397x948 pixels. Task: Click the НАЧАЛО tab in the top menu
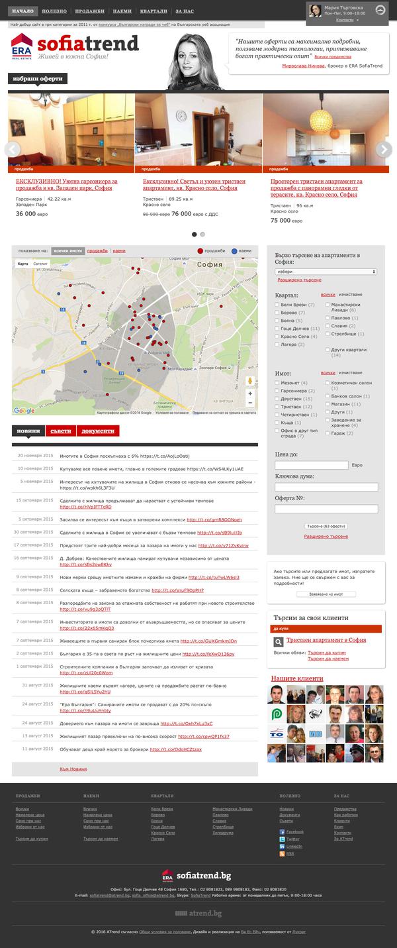click(22, 12)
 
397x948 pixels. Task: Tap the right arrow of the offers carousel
click(384, 148)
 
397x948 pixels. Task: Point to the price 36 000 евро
click(30, 214)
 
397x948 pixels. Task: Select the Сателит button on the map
click(40, 264)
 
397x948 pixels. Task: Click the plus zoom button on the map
click(250, 393)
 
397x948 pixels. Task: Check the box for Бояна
click(277, 321)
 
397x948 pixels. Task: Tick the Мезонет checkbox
click(277, 383)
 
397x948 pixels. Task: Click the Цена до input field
click(311, 465)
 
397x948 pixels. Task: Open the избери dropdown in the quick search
click(326, 272)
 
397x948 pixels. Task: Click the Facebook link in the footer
click(294, 831)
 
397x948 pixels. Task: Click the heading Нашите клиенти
click(297, 679)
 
